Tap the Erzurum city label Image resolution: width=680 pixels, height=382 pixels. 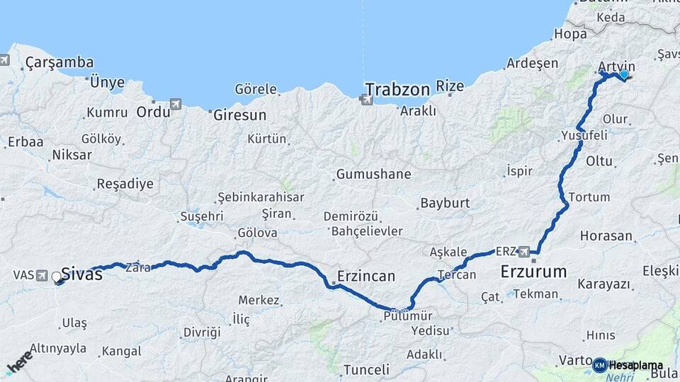click(533, 271)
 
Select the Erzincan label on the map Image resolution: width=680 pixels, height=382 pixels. click(366, 276)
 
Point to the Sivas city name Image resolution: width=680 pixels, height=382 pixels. click(81, 274)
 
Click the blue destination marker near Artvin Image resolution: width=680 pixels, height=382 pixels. click(624, 74)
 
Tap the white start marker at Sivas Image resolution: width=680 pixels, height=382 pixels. click(57, 277)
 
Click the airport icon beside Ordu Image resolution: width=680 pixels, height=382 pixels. click(176, 105)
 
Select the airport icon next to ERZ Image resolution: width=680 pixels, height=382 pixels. click(524, 251)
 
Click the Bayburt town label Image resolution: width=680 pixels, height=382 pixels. click(445, 203)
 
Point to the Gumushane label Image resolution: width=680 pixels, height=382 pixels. click(374, 173)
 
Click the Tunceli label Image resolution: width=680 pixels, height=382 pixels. click(366, 369)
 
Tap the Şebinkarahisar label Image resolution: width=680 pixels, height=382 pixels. click(261, 197)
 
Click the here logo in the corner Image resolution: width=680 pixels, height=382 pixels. click(20, 361)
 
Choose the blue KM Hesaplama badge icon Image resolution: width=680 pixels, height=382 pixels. click(599, 365)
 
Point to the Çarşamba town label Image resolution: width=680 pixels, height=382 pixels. click(59, 63)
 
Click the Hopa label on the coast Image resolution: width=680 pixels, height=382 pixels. click(570, 33)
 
